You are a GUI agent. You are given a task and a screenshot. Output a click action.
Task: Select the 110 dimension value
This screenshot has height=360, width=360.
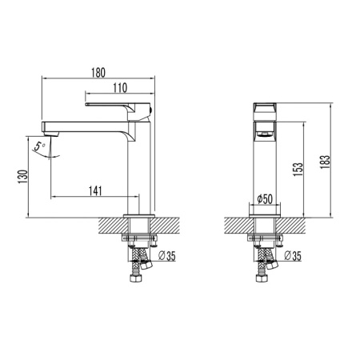(120, 87)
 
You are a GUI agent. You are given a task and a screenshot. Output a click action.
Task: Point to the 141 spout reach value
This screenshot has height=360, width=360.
(94, 190)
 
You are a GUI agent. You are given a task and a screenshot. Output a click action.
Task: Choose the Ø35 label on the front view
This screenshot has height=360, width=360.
(292, 256)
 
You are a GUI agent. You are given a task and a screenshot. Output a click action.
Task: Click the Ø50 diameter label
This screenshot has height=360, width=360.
(264, 198)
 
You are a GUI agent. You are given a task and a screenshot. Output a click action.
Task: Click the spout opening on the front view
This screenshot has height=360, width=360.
(264, 129)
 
